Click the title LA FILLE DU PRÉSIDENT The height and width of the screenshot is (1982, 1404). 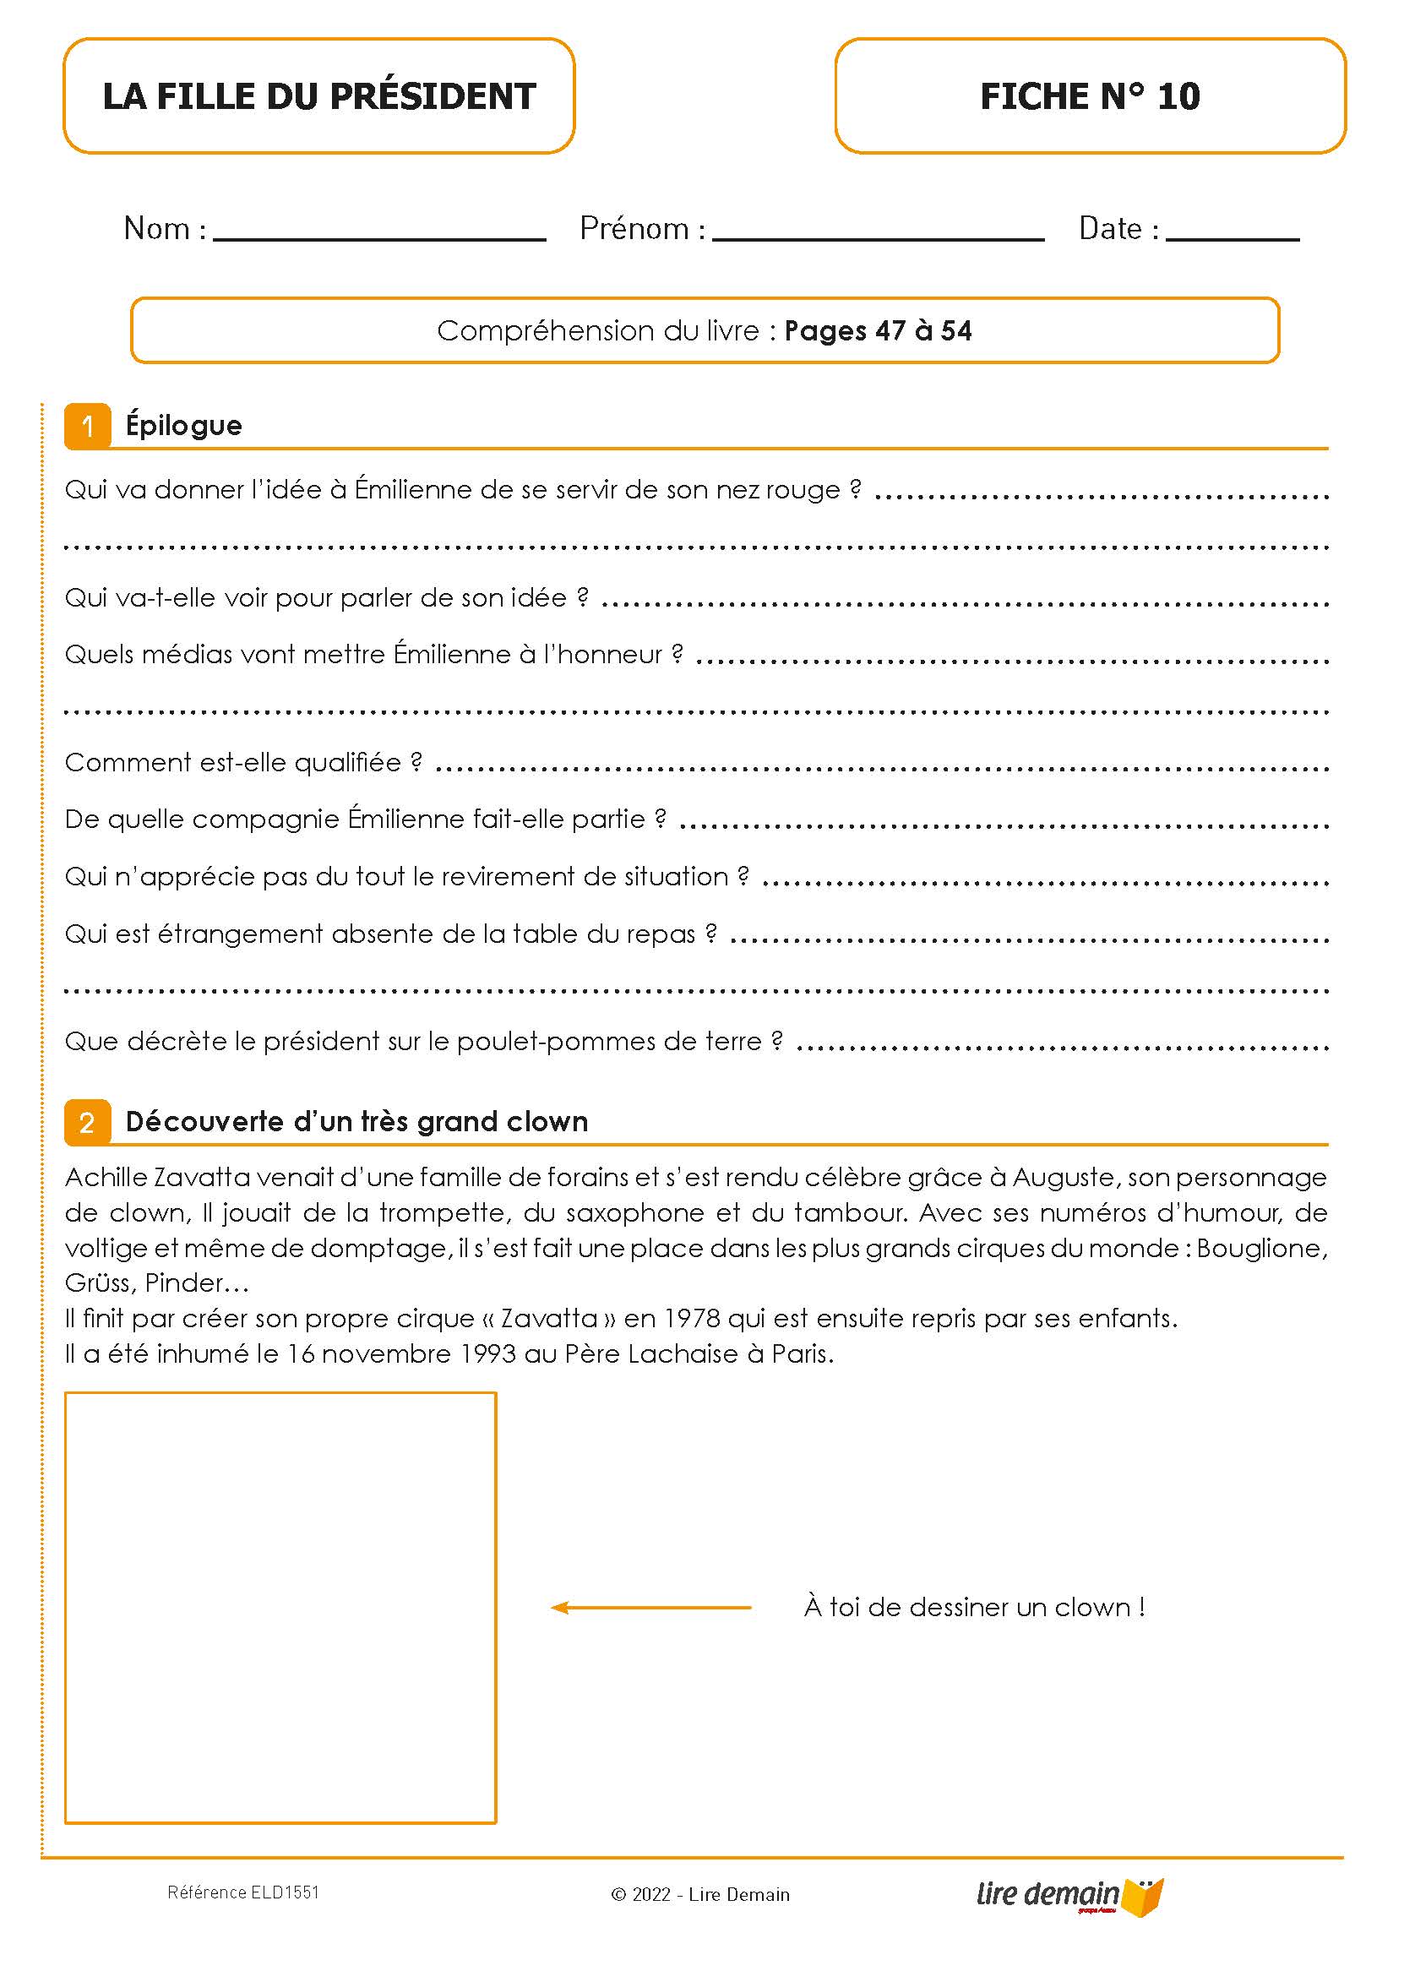click(319, 96)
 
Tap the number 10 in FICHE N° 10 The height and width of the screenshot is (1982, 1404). click(1178, 96)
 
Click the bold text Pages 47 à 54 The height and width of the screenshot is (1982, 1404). click(878, 330)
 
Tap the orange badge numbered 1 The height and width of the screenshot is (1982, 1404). click(87, 426)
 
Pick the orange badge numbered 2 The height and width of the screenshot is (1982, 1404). click(87, 1123)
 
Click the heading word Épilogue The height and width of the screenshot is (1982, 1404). click(183, 425)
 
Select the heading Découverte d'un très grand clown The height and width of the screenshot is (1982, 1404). click(356, 1122)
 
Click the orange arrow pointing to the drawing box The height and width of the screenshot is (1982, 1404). click(650, 1608)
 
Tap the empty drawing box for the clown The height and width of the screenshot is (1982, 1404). click(280, 1608)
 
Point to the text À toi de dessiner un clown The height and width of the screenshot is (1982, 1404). click(974, 1607)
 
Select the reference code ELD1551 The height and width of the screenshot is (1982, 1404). click(285, 1892)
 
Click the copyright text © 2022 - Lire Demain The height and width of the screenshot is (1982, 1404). click(699, 1895)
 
